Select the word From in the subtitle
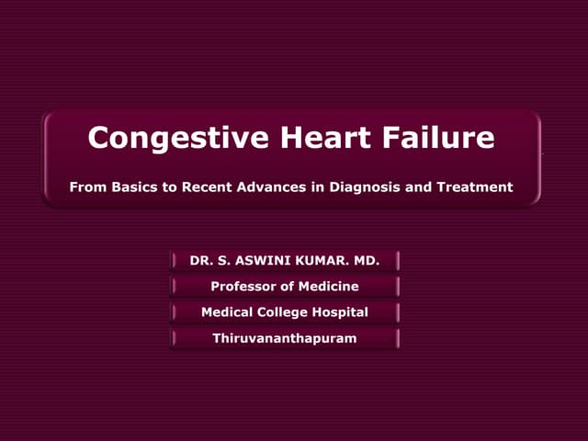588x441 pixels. coord(87,187)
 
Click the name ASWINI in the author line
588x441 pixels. coord(260,261)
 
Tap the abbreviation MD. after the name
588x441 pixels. coord(366,261)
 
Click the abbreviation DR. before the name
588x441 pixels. coord(201,261)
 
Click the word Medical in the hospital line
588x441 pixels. coord(227,312)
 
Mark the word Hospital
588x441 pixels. coord(341,312)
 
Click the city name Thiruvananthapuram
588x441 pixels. coord(285,338)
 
